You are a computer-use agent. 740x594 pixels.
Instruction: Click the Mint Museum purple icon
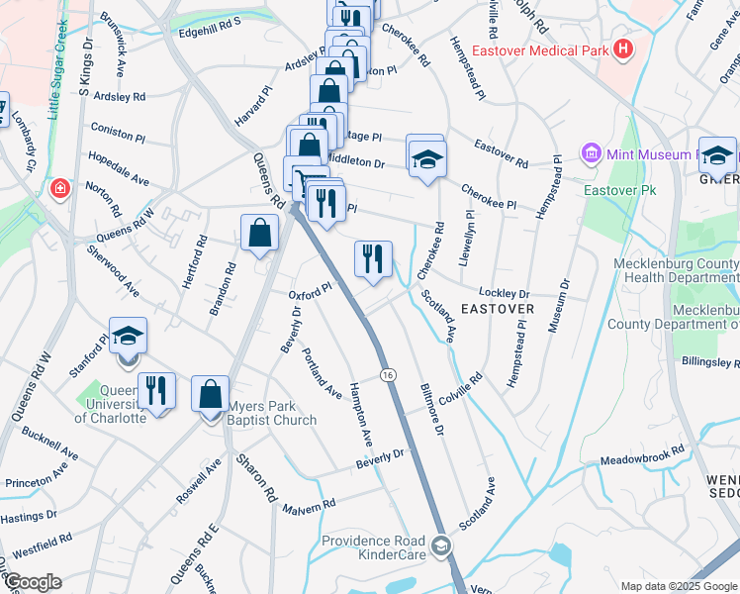pyautogui.click(x=592, y=153)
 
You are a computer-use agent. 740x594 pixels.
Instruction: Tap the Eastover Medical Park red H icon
pyautogui.click(x=622, y=49)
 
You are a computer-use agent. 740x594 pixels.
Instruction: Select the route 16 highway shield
pyautogui.click(x=387, y=372)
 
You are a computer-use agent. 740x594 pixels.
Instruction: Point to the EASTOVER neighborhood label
pyautogui.click(x=498, y=309)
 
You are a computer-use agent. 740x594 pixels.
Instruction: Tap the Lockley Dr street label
pyautogui.click(x=505, y=293)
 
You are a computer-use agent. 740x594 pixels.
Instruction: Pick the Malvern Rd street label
pyautogui.click(x=310, y=507)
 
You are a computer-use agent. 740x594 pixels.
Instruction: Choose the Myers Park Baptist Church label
pyautogui.click(x=273, y=413)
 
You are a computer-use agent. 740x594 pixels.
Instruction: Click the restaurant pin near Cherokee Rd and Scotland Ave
pyautogui.click(x=373, y=259)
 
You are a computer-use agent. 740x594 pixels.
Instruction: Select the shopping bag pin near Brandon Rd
pyautogui.click(x=259, y=235)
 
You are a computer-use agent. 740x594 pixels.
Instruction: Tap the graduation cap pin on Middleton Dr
pyautogui.click(x=426, y=158)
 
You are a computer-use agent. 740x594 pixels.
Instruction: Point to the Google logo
pyautogui.click(x=32, y=582)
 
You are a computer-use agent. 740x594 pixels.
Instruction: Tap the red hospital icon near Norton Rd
pyautogui.click(x=60, y=187)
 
